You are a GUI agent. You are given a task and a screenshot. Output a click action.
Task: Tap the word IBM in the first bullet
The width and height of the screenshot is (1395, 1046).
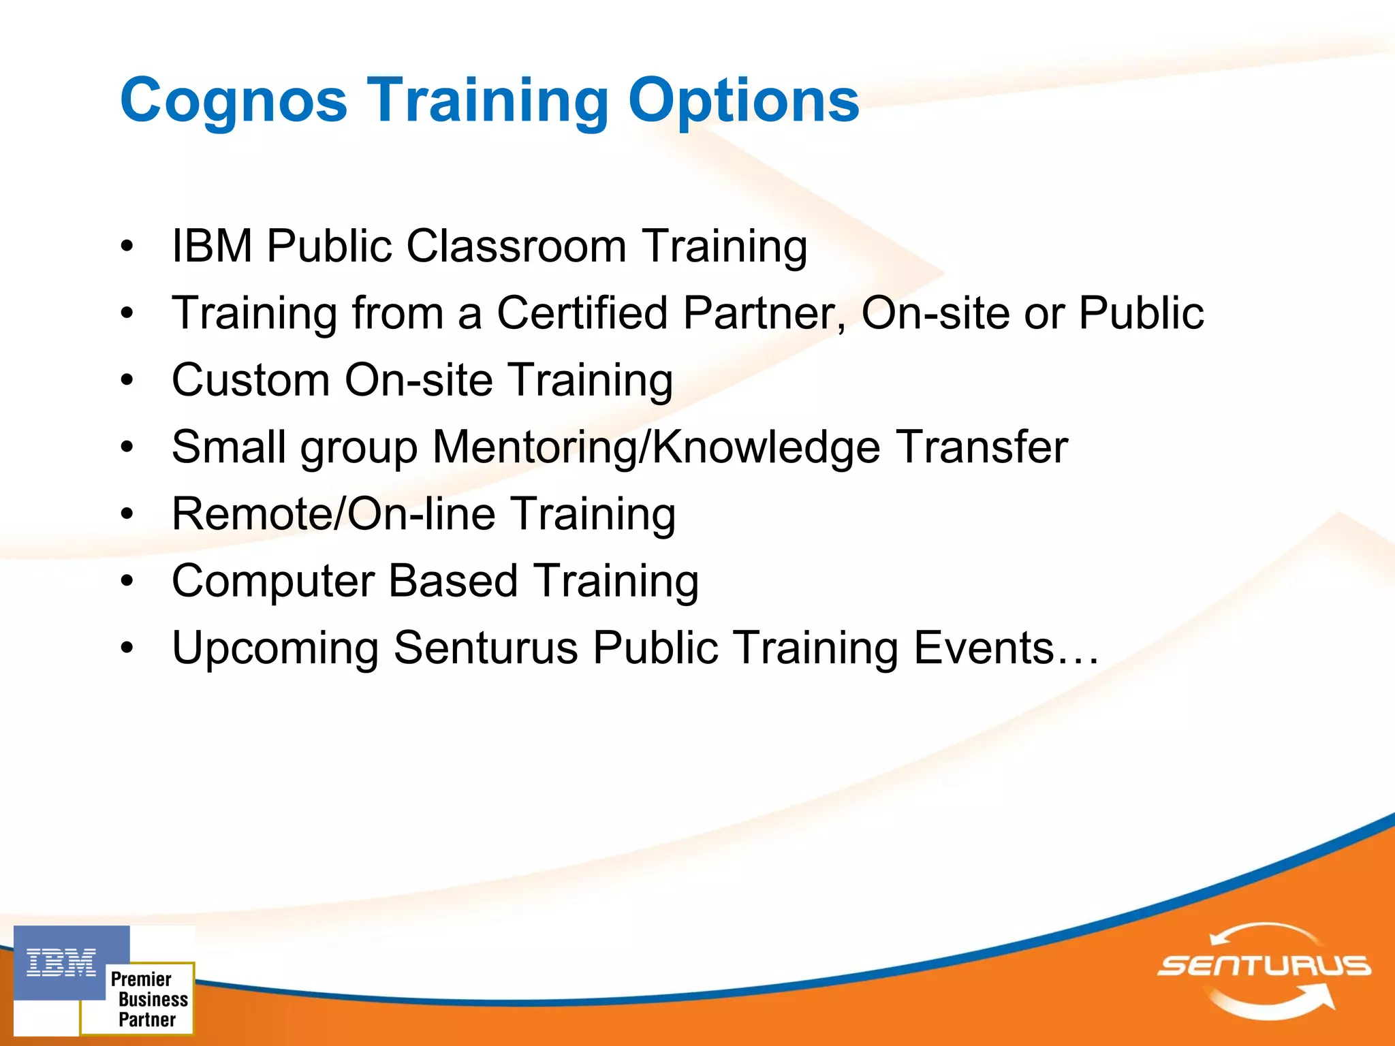212,246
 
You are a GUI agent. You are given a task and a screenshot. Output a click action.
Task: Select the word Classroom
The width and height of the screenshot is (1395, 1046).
516,246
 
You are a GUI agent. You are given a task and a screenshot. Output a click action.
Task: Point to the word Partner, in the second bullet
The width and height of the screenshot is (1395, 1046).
765,313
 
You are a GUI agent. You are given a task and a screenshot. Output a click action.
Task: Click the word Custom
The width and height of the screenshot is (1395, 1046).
250,380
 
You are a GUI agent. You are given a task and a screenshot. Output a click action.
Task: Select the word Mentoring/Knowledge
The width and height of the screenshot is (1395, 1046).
656,447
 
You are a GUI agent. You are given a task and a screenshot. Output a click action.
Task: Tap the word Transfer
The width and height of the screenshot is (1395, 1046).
982,447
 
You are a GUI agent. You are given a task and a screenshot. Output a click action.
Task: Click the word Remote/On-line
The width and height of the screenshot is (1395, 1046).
334,514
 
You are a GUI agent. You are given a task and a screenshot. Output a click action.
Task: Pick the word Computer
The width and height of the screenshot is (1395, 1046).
273,582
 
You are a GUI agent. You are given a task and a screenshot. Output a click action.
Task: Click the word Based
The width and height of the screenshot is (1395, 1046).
453,582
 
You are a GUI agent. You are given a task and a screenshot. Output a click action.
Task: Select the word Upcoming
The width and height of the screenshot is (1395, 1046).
275,648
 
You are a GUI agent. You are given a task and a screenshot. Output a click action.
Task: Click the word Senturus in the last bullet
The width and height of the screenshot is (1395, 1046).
486,648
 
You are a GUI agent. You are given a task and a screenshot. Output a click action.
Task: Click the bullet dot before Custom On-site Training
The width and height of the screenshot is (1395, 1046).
127,380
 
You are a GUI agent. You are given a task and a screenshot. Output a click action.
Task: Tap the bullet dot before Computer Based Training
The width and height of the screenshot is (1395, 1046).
127,582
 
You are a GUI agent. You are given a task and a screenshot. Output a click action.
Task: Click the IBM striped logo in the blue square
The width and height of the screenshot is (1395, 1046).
61,963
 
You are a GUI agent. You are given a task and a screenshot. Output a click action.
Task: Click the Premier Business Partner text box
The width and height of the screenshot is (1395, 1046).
146,999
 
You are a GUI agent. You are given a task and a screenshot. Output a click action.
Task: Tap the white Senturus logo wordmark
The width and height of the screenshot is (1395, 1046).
1264,966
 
